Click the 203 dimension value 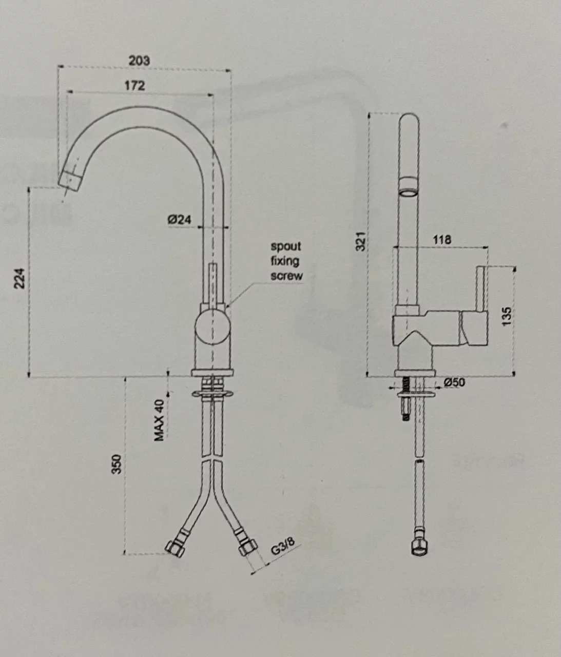click(x=139, y=60)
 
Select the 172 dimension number click(x=135, y=85)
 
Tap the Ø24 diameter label click(x=179, y=220)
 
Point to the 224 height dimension click(x=19, y=278)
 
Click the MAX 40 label click(x=159, y=421)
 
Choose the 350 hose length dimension click(x=117, y=464)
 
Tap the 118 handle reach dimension click(x=442, y=239)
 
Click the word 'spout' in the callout click(x=286, y=247)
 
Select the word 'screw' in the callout click(x=286, y=276)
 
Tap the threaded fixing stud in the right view click(x=405, y=398)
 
